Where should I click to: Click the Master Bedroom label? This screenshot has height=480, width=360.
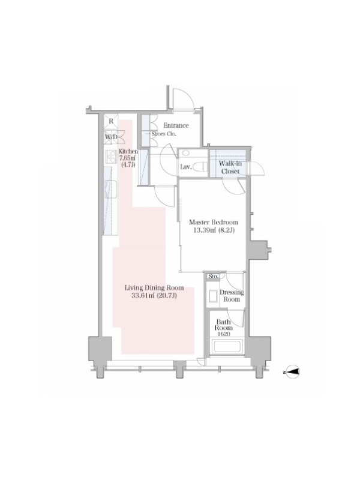tap(214, 222)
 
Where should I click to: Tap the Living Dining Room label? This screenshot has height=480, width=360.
tap(154, 288)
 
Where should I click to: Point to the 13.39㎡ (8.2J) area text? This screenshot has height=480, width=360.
tap(214, 230)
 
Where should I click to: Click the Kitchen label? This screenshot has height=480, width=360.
tap(128, 151)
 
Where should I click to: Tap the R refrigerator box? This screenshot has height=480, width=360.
tap(111, 121)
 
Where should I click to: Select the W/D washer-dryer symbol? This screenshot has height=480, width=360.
tap(111, 137)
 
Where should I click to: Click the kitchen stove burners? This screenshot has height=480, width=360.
tap(110, 158)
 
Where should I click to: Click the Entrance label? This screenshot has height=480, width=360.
tap(176, 125)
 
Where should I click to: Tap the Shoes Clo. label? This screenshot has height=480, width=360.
tap(164, 134)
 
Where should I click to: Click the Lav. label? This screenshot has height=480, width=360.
tap(186, 167)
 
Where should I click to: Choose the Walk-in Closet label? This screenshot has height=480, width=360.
tap(230, 167)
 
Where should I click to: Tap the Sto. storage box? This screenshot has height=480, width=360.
tap(213, 276)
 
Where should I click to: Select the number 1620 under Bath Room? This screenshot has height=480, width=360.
tap(224, 334)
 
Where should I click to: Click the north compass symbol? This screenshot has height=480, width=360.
tap(293, 372)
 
